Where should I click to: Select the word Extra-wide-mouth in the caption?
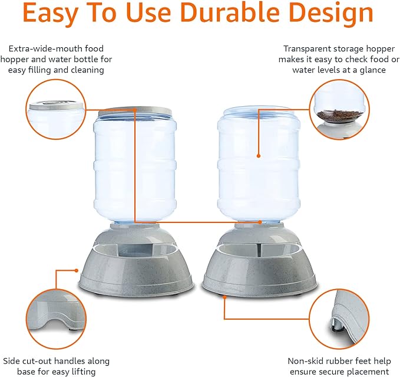pos(35,48)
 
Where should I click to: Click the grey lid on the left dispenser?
pos(135,112)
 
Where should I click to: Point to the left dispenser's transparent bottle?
pos(135,171)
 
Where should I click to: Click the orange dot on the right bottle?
pos(259,156)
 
